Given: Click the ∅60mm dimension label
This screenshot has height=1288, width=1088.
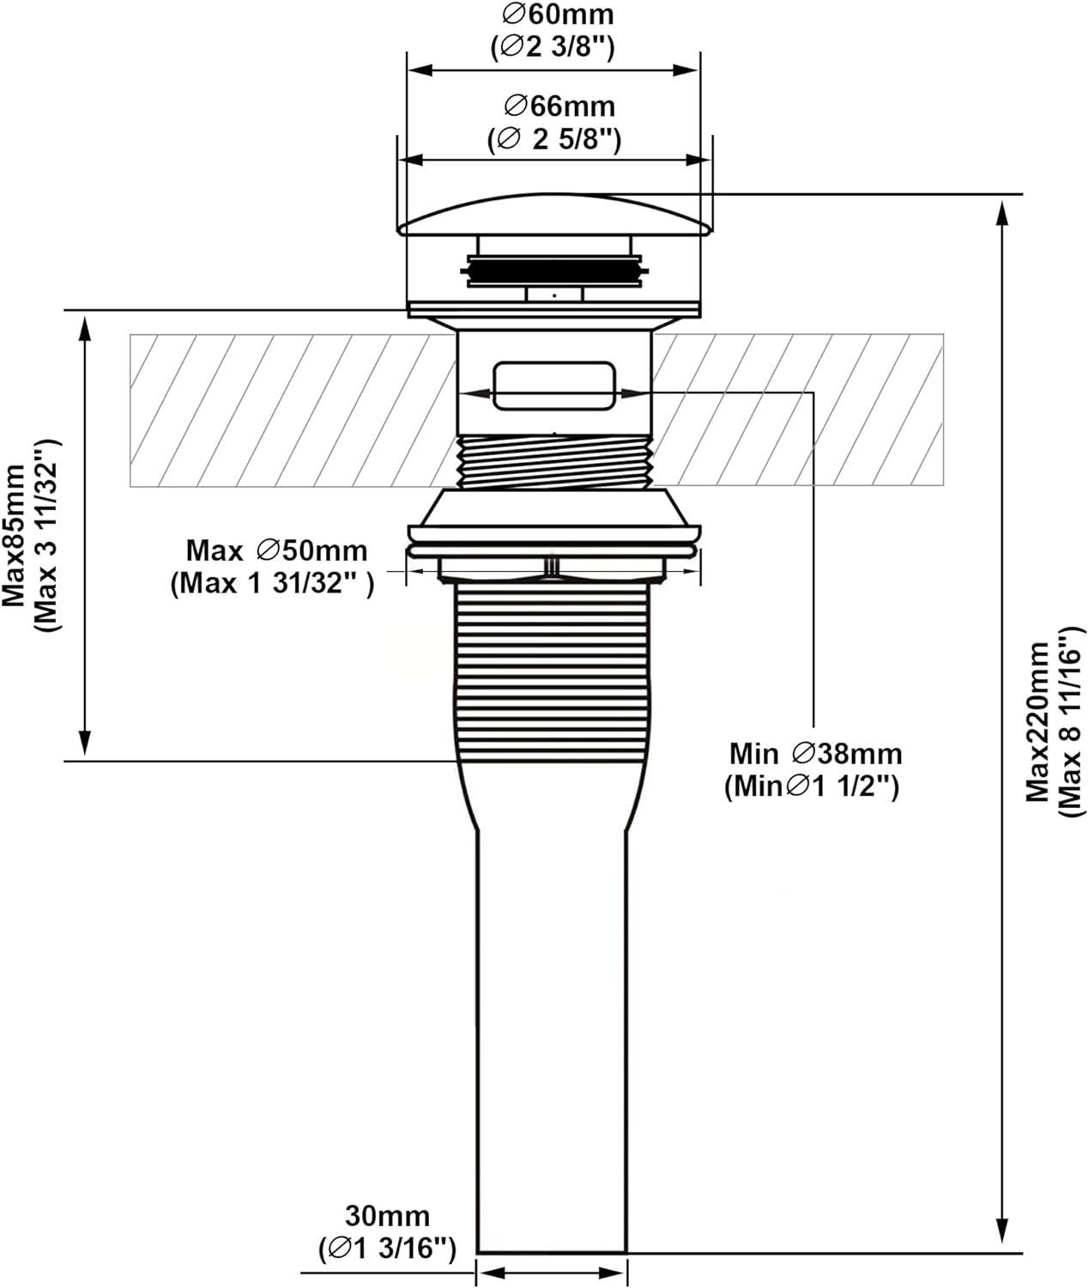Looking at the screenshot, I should coord(559,15).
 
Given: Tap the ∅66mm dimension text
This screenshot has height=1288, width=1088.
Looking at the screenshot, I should coord(560,106).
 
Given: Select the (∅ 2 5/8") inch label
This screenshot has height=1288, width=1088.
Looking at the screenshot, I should coord(554,138).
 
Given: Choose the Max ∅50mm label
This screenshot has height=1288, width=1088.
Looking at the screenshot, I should coord(276,550).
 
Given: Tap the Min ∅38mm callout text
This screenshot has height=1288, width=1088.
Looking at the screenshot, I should coord(815,753).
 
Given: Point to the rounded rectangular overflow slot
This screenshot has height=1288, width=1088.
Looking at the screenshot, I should coord(554,385).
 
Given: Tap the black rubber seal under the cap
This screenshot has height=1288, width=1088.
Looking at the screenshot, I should coord(554,268).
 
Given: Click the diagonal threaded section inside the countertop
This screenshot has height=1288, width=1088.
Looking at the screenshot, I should coord(555,462).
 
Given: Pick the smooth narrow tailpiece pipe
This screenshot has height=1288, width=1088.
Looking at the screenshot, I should coord(552,1030).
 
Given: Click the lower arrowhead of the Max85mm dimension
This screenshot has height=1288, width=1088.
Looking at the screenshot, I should coord(84,744).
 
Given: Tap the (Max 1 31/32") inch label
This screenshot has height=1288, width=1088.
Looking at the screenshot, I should coord(272,584).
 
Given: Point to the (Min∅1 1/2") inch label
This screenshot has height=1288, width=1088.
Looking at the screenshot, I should coord(812,786).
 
